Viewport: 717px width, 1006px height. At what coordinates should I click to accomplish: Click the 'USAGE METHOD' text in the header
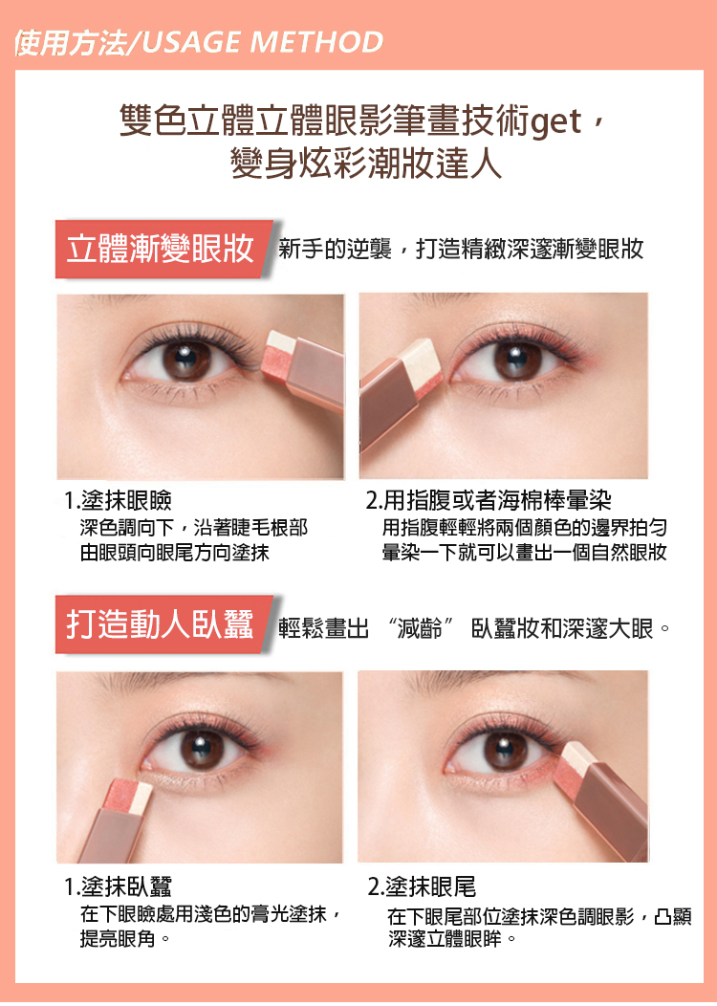[x=262, y=42]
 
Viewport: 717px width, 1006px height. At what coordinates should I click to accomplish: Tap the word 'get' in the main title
[x=556, y=121]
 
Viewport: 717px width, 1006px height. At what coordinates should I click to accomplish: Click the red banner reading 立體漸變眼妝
[x=163, y=249]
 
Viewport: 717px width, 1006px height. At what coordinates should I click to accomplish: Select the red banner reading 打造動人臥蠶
[x=163, y=624]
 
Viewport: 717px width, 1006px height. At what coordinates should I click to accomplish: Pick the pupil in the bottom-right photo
[x=504, y=748]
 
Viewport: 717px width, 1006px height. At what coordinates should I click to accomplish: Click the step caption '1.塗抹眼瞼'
[x=118, y=500]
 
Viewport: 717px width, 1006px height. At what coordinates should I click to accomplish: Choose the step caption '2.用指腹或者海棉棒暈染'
[x=489, y=500]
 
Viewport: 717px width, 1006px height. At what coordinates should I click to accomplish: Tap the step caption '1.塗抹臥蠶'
[x=118, y=886]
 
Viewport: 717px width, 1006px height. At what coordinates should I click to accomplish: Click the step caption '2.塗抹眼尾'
[x=422, y=886]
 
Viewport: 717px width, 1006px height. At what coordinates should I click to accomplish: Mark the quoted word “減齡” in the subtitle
[x=421, y=628]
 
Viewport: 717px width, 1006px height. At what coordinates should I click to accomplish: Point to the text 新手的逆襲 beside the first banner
[x=335, y=249]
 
